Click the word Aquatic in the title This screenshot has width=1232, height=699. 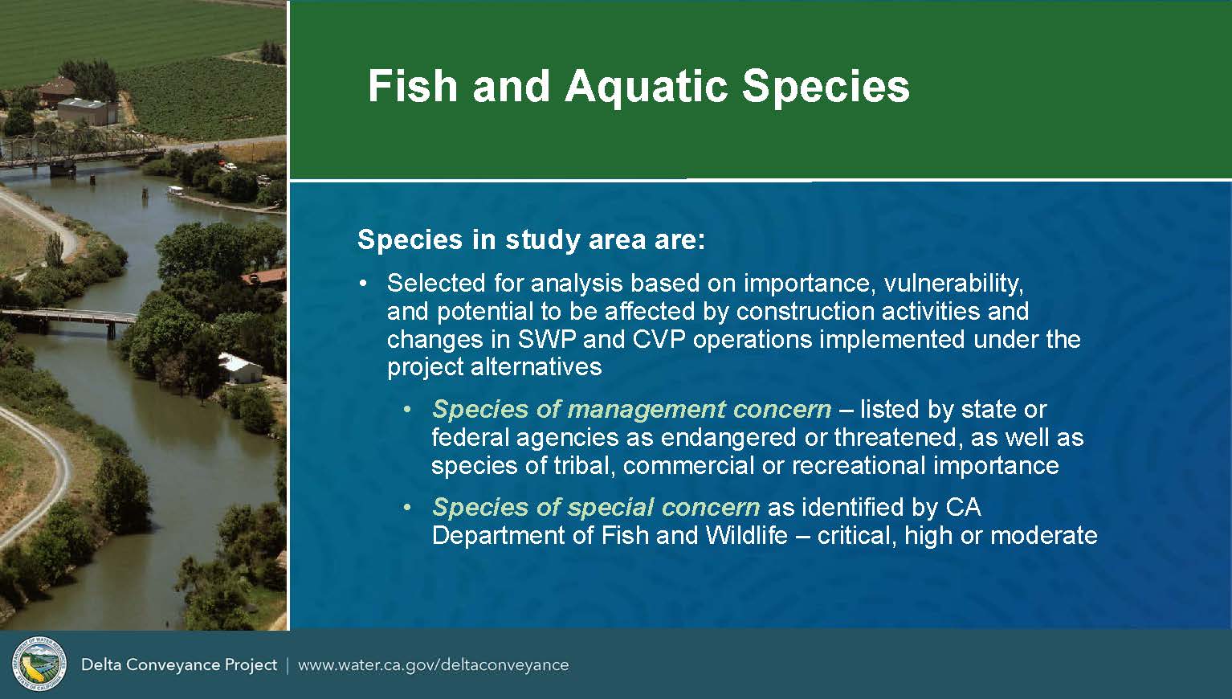pyautogui.click(x=647, y=87)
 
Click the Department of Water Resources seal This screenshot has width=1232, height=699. pyautogui.click(x=39, y=664)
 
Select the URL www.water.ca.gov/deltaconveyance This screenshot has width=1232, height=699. pyautogui.click(x=434, y=665)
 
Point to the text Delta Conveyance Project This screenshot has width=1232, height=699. pyautogui.click(x=179, y=665)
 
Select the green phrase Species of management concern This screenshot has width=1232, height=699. pyautogui.click(x=631, y=410)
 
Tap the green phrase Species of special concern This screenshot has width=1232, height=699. pyautogui.click(x=596, y=508)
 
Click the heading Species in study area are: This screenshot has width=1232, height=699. pyautogui.click(x=532, y=240)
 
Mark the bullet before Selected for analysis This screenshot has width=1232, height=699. pyautogui.click(x=362, y=284)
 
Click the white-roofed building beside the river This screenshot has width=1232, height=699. pyautogui.click(x=240, y=368)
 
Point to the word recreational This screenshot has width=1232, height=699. pyautogui.click(x=859, y=466)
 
